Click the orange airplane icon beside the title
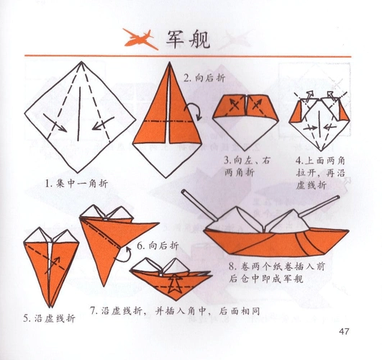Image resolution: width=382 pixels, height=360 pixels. tap(140, 38)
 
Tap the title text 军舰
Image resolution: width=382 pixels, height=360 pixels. tap(188, 39)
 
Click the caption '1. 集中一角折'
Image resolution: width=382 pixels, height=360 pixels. tap(78, 183)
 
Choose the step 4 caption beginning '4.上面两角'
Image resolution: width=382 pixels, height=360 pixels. tap(319, 172)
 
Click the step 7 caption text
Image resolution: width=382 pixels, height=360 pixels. tap(175, 311)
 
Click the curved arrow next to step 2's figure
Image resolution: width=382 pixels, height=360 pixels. tap(193, 112)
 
